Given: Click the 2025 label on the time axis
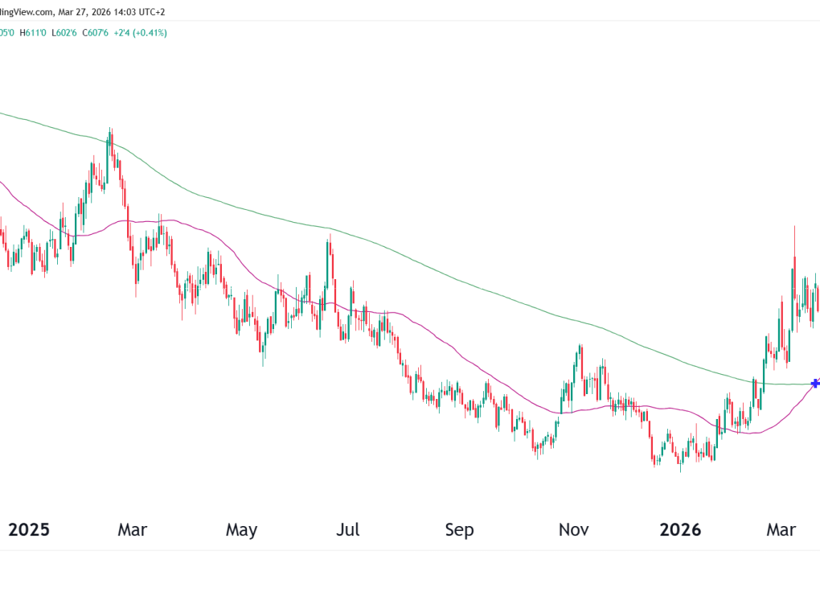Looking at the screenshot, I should pos(29,530).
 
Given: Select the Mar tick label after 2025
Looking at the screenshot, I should pos(132,530).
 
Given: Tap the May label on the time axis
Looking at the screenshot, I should pos(241,530).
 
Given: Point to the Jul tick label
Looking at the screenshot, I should pos(347,530).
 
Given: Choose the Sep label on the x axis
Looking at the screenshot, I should pos(459,530).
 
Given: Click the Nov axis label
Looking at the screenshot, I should pos(574,530).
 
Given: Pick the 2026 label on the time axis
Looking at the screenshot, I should pos(680,530).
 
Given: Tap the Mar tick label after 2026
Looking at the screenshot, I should pos(781,530).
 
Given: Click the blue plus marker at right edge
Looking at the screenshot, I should pos(815,383).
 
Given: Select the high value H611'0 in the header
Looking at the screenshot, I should pos(34,33).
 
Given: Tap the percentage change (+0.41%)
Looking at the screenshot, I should pos(151,33).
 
